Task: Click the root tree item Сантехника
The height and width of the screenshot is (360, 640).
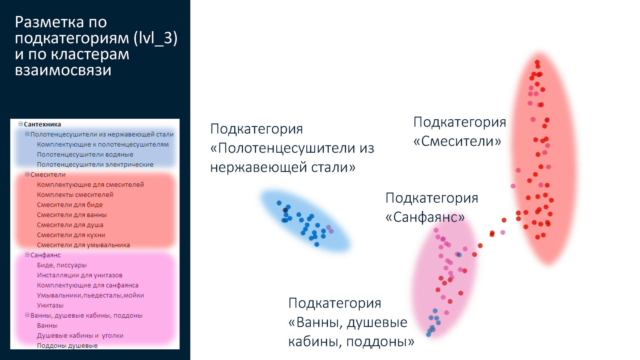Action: (42, 124)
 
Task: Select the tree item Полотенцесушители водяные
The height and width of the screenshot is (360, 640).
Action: (85, 155)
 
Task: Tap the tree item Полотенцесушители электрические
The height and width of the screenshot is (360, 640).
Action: (95, 165)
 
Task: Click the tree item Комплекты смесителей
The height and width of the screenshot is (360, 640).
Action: (75, 195)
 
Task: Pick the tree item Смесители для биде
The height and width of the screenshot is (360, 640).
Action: (70, 205)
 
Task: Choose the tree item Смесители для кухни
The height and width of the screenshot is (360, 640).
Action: (71, 235)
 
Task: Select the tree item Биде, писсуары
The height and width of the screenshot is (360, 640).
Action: (62, 265)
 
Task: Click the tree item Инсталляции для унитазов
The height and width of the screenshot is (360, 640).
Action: (80, 275)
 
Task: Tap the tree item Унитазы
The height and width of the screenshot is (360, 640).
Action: (50, 306)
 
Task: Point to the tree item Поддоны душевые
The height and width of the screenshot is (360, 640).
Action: (67, 346)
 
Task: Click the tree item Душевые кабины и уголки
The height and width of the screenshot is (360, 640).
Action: (80, 336)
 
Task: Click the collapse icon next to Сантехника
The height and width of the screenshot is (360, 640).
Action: (21, 124)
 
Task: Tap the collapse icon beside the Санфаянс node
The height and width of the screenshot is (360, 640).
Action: (27, 254)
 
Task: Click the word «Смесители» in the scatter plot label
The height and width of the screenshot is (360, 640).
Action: (458, 141)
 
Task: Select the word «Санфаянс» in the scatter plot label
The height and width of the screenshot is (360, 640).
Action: (425, 218)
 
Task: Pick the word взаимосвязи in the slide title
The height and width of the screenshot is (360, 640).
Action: (63, 70)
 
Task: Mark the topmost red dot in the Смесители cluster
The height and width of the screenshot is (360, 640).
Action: (537, 62)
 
